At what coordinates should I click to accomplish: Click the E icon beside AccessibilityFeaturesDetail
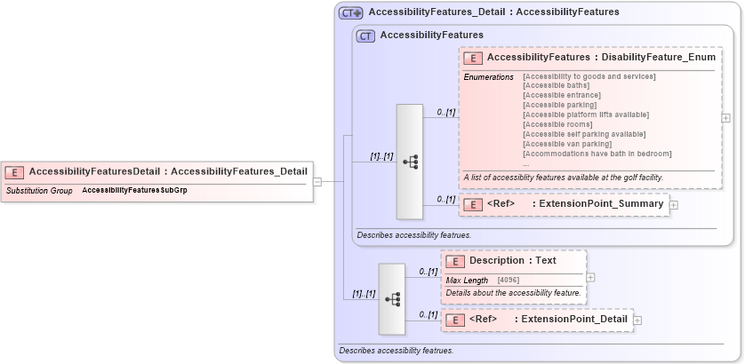15,171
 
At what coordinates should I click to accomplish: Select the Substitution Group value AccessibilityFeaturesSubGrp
134,191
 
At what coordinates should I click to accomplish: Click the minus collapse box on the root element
317,182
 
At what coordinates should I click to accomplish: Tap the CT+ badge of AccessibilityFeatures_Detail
351,13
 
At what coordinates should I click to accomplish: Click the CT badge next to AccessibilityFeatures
365,36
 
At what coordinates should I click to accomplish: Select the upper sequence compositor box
409,162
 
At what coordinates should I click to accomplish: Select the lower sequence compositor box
392,299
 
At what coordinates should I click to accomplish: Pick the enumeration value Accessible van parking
567,144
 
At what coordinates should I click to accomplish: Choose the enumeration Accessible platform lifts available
586,115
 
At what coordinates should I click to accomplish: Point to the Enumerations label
488,76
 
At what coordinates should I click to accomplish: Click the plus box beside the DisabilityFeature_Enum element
726,117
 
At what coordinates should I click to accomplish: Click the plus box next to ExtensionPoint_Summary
673,205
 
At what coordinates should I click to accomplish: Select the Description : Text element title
512,261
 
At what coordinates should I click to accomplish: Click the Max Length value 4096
509,281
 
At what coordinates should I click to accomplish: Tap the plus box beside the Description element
591,277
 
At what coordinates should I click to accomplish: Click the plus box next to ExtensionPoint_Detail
637,320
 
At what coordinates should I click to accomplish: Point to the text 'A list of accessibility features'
563,178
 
